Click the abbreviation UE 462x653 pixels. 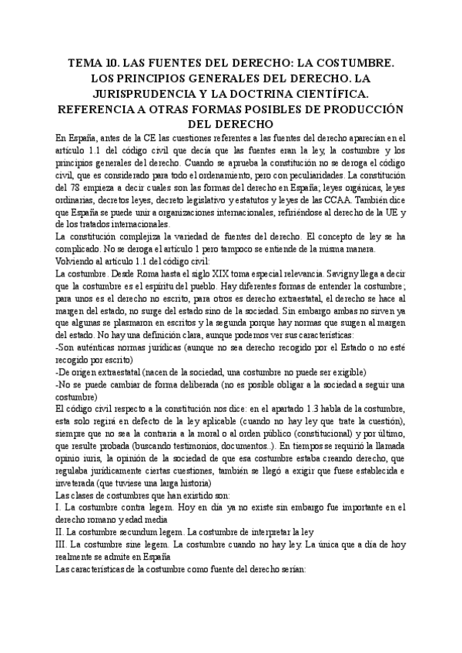tap(385, 212)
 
